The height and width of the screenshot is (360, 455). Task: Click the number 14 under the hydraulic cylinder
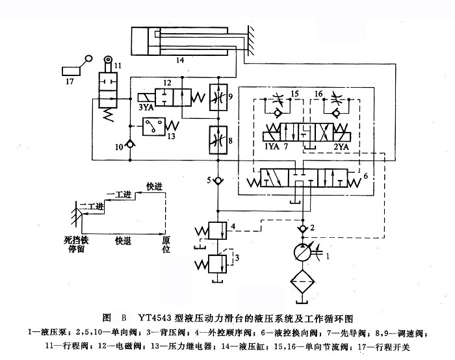[180, 60]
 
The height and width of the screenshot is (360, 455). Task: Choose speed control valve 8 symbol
[216, 138]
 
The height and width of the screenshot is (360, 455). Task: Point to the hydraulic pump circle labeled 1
[301, 253]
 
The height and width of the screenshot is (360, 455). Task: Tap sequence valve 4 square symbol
[218, 231]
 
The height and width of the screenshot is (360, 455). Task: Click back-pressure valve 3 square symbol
[218, 264]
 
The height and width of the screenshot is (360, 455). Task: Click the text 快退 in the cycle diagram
[123, 240]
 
